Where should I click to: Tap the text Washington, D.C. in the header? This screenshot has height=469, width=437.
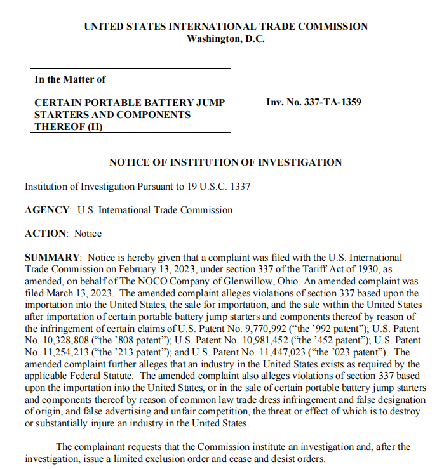225,38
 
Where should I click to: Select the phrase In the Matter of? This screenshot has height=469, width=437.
70,79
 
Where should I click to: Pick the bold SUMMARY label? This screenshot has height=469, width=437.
53,258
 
